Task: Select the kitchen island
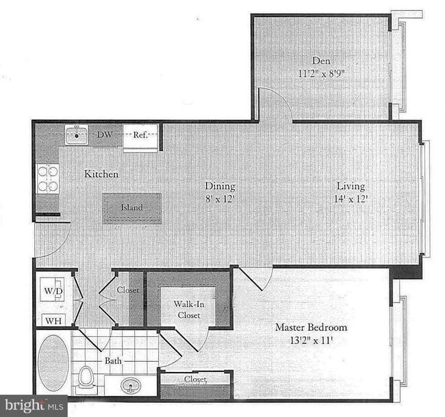[x=132, y=208]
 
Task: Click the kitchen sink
[x=75, y=135]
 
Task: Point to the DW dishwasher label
[x=105, y=135]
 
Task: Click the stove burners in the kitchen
[x=47, y=178]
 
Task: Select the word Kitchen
[x=101, y=174]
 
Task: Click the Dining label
[x=220, y=186]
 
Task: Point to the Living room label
[x=350, y=186]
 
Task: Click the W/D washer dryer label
[x=52, y=291]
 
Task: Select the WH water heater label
[x=52, y=320]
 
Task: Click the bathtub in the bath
[x=52, y=362]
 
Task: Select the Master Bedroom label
[x=311, y=327]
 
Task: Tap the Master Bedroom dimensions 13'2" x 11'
[x=311, y=340]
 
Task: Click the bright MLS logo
[x=33, y=406]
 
